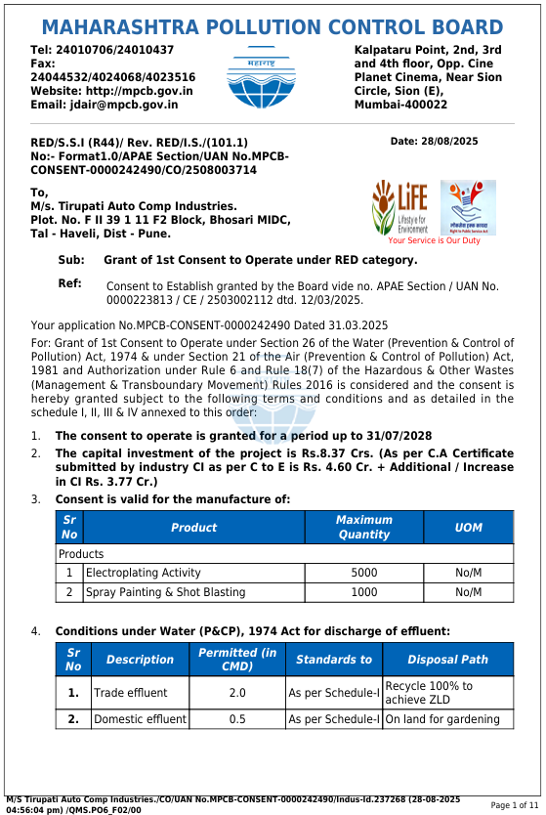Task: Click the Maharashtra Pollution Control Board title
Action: pos(273,26)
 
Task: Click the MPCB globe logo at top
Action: pos(261,77)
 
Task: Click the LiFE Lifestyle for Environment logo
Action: pos(399,206)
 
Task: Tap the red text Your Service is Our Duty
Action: pos(434,240)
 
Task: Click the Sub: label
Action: pos(71,260)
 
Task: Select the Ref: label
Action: pos(70,283)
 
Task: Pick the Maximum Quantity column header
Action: pos(363,528)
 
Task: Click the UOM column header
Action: pos(468,528)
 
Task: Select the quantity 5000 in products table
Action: pos(363,573)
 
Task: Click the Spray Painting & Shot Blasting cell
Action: pos(166,592)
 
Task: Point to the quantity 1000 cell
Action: pos(363,592)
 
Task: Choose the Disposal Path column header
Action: pos(447,660)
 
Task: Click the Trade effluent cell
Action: pos(131,693)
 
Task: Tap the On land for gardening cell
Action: pos(442,719)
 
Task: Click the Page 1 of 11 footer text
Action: pos(514,804)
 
